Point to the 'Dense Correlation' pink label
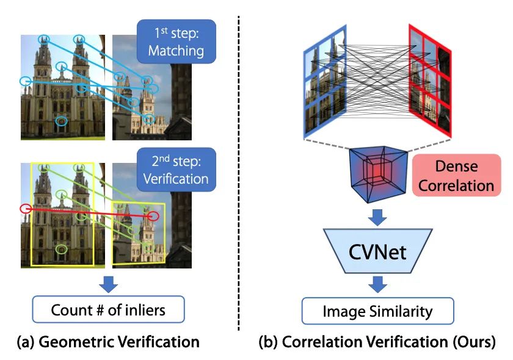(x=456, y=175)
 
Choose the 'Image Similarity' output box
(x=378, y=311)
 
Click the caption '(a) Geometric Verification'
(x=107, y=342)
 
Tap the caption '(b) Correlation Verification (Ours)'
(x=377, y=342)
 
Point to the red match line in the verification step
(x=89, y=212)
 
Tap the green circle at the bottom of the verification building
(x=60, y=249)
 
